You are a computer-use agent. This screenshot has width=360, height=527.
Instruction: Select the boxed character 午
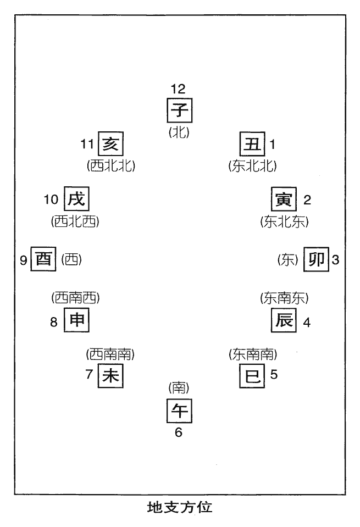point(179,411)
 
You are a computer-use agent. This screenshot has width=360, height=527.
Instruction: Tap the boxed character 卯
point(317,259)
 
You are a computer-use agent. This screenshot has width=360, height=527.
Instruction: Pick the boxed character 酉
point(43,259)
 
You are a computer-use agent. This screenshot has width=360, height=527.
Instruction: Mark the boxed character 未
point(110,376)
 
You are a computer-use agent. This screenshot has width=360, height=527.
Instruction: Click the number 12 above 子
point(178,88)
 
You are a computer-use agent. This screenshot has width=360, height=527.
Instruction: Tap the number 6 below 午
point(178,432)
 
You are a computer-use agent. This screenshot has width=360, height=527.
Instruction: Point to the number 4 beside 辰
point(307,323)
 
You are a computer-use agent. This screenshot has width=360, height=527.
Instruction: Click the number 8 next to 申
point(54,323)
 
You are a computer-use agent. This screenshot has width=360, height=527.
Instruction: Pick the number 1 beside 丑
point(272,145)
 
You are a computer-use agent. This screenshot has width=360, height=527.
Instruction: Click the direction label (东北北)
point(252,165)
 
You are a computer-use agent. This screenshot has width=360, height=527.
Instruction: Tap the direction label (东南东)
point(284,298)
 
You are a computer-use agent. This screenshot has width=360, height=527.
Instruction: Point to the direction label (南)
point(179,389)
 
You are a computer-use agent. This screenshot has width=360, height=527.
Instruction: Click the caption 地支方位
point(180,507)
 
